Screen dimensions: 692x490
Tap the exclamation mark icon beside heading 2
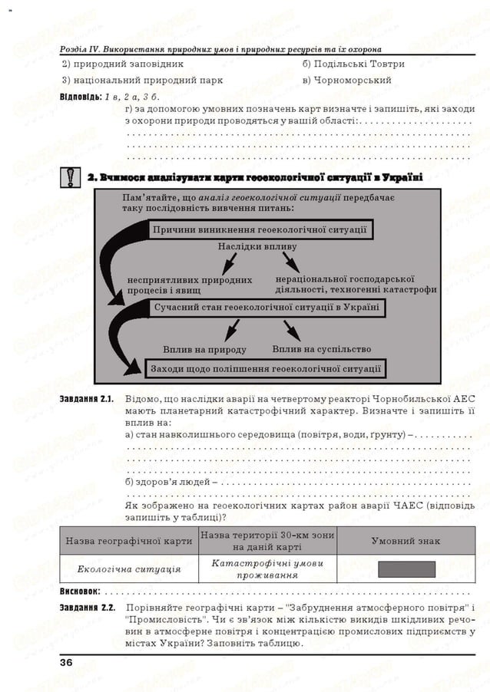(71, 178)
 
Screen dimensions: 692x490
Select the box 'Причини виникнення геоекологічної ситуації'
(259, 229)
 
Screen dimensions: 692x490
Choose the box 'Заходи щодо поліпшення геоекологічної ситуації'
(266, 368)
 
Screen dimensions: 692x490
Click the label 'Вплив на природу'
(205, 350)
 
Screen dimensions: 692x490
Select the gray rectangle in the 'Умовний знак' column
(406, 569)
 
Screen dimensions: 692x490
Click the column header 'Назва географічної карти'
(129, 541)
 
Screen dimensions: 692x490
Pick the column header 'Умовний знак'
(406, 541)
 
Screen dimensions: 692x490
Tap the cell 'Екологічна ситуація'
(129, 569)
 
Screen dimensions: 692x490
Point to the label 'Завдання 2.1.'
(87, 399)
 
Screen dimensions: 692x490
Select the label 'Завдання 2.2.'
(87, 608)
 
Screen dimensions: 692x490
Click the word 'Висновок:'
(80, 592)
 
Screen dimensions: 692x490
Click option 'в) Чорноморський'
(347, 80)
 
